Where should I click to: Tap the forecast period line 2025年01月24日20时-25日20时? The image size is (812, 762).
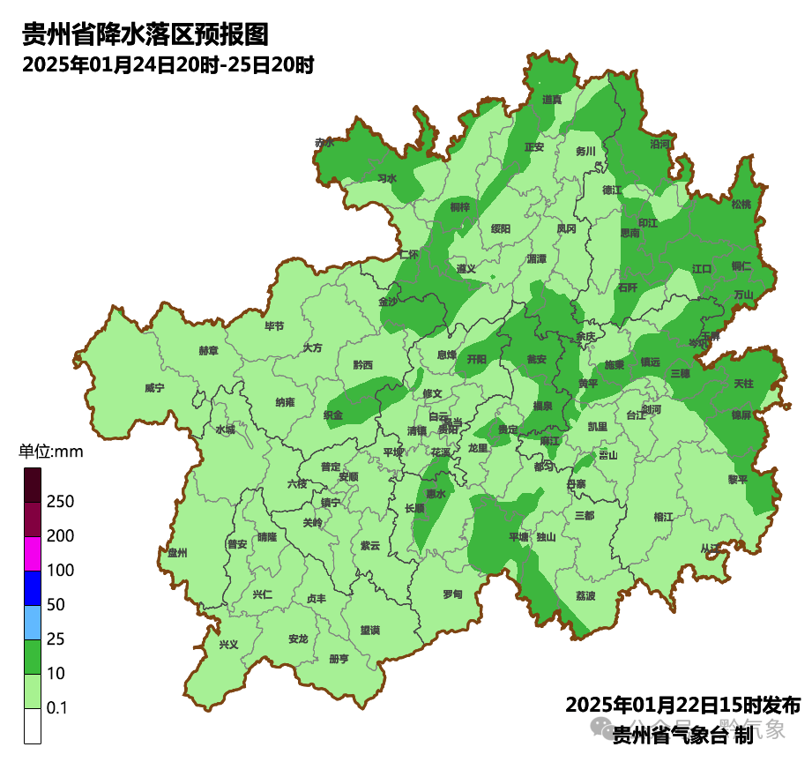tap(168, 65)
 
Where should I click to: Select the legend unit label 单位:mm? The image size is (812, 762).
tap(50, 452)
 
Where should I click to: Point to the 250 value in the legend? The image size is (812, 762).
tap(60, 502)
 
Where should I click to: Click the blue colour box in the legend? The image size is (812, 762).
tap(33, 588)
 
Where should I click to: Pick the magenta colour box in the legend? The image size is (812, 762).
tap(33, 554)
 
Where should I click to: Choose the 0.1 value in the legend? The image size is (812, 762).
tap(57, 708)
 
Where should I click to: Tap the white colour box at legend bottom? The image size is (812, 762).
tap(33, 726)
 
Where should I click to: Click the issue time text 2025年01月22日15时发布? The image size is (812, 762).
tap(682, 706)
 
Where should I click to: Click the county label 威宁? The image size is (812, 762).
tap(154, 388)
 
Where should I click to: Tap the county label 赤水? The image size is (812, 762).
tap(324, 142)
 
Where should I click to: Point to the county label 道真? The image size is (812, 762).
tap(553, 101)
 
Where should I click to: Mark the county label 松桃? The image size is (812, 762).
tap(741, 205)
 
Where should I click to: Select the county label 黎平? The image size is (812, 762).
tap(737, 480)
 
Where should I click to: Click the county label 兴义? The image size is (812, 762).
tap(228, 644)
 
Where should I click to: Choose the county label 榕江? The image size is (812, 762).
tap(664, 517)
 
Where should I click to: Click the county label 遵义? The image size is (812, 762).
tap(466, 268)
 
